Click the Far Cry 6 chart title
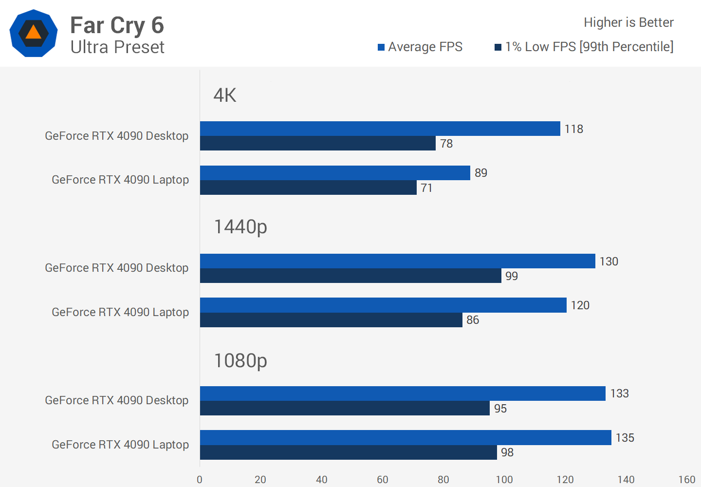tap(117, 25)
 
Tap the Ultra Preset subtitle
tap(117, 47)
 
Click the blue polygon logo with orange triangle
tap(34, 33)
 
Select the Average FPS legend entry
tap(420, 47)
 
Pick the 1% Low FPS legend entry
tap(584, 47)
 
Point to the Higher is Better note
tap(628, 22)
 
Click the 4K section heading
tap(225, 95)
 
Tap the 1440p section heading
tap(240, 227)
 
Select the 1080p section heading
tap(240, 361)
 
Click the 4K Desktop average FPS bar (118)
tap(380, 129)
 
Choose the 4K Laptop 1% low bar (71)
tap(308, 187)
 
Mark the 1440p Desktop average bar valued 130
tap(397, 261)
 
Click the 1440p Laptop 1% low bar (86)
tap(331, 320)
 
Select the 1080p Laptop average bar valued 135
tap(406, 437)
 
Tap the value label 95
tap(500, 409)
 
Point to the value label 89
tap(481, 173)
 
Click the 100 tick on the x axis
tap(504, 480)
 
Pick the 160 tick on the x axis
tap(687, 480)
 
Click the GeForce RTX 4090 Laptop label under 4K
tap(120, 180)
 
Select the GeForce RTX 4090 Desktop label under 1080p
tap(117, 400)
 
